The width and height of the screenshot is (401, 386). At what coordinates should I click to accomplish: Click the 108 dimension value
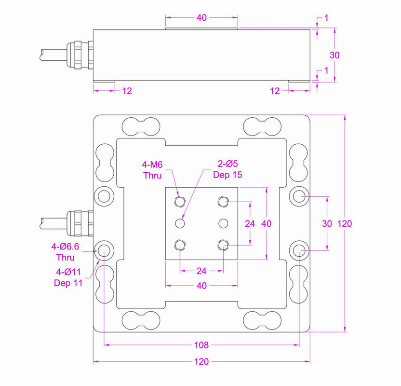[x=201, y=345]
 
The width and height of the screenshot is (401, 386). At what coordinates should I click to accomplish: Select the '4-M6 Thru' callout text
[x=153, y=170]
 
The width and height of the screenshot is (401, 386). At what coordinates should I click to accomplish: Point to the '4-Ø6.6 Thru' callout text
[x=66, y=252]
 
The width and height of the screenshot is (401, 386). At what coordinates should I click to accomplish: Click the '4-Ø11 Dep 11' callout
[x=68, y=277]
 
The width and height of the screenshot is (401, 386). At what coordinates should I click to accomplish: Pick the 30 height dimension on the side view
[x=334, y=55]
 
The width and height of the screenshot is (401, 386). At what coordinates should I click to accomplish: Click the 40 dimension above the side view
[x=201, y=18]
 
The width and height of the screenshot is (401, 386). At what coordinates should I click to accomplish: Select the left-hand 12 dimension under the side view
[x=126, y=90]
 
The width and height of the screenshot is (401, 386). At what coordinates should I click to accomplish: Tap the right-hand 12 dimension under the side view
[x=275, y=90]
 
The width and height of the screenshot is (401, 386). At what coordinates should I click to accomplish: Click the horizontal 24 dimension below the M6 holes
[x=201, y=271]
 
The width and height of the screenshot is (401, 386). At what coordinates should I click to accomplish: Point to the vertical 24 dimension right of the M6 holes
[x=250, y=223]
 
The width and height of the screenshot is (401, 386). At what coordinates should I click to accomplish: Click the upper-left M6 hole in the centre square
[x=180, y=201]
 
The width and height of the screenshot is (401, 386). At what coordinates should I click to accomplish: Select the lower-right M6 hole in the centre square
[x=223, y=246]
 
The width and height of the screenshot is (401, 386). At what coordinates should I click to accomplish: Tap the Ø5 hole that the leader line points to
[x=180, y=223]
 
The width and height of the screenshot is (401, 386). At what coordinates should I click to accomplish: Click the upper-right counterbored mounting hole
[x=300, y=196]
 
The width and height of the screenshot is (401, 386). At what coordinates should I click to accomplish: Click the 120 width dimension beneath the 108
[x=201, y=362]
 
